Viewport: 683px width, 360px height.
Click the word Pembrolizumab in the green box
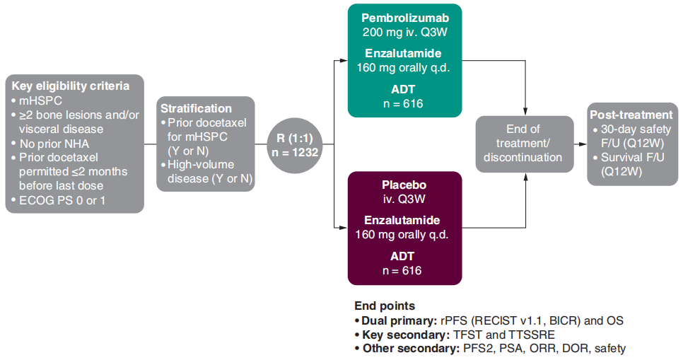(405, 18)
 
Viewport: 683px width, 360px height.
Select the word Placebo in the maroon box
(404, 185)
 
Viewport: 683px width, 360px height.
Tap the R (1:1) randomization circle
(295, 145)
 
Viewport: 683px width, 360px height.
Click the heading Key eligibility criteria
(71, 86)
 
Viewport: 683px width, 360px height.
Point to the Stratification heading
(196, 108)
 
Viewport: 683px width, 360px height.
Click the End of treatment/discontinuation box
(525, 144)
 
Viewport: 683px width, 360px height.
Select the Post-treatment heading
(631, 115)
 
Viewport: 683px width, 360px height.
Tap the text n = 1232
(295, 153)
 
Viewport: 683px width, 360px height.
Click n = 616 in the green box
(403, 104)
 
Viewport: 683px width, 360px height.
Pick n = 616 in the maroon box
(402, 271)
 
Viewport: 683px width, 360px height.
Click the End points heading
(385, 306)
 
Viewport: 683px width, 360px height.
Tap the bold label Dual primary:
(399, 321)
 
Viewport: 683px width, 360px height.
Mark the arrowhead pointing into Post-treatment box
(583, 144)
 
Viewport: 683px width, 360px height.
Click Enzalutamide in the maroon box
(402, 220)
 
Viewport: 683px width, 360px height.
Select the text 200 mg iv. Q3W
(405, 33)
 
